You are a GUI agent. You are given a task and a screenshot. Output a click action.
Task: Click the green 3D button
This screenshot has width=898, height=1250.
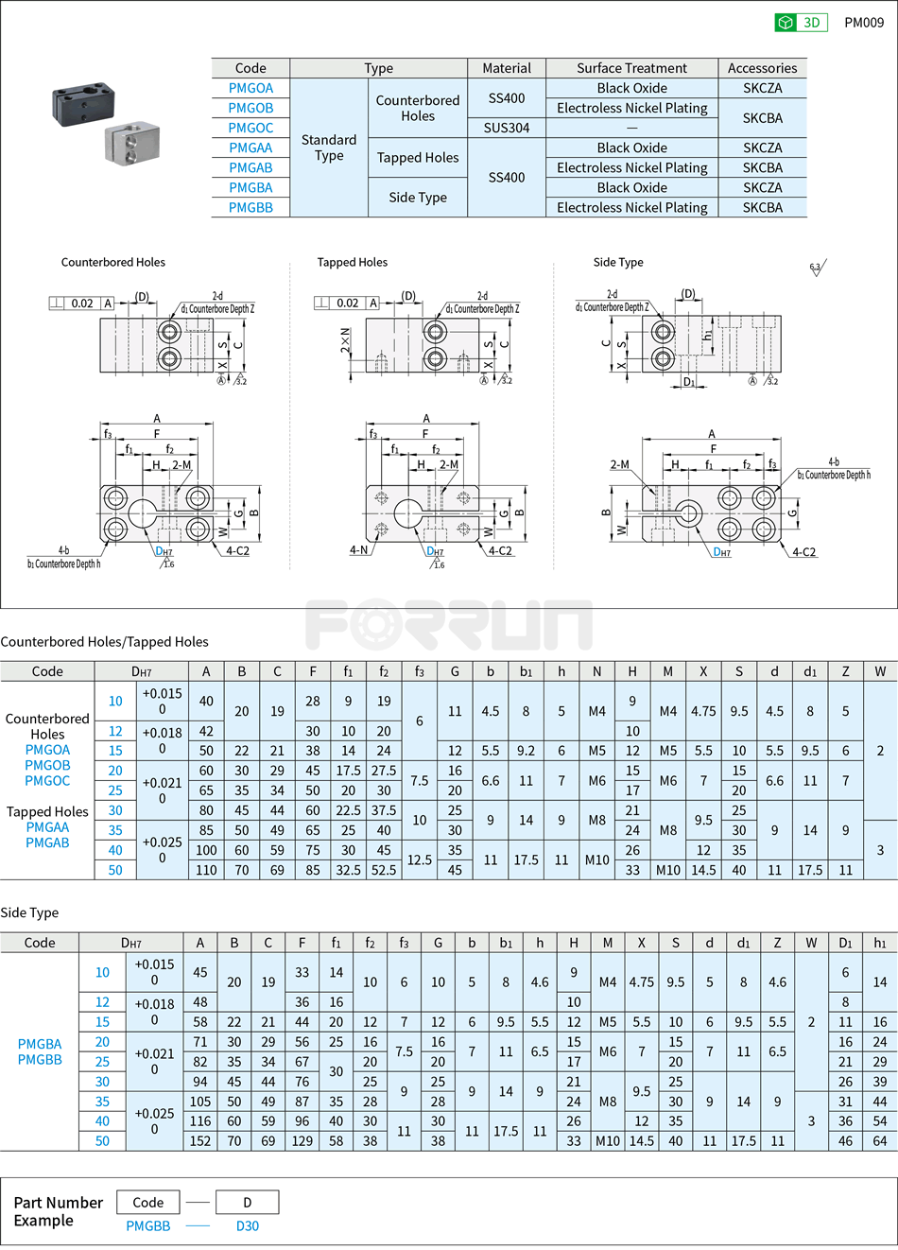pos(801,23)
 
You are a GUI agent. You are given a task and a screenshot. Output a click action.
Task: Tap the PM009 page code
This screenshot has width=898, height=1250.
pos(864,23)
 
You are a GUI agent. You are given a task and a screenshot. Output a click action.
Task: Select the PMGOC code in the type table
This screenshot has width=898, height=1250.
pos(250,128)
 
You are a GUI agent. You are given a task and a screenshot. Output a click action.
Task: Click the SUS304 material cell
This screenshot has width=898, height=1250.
pos(507,128)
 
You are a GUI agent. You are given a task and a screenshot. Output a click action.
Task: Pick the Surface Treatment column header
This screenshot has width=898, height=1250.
pos(631,68)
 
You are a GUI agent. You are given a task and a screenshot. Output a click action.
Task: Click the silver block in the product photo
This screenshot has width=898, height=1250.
pos(131,141)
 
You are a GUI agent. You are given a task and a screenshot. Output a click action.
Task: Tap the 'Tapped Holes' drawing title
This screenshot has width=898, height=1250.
pos(352,262)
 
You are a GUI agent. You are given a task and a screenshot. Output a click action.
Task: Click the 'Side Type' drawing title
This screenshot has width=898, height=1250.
pos(617,262)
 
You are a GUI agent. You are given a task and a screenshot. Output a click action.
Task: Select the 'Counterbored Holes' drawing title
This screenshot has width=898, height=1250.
pos(112,262)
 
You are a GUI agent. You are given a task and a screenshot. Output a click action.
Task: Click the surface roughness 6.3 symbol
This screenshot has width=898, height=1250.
pos(817,269)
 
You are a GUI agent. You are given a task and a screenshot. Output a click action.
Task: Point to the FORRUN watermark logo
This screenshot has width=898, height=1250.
pos(448,624)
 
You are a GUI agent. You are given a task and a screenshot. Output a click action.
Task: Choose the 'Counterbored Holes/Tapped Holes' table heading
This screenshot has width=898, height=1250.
pos(105,641)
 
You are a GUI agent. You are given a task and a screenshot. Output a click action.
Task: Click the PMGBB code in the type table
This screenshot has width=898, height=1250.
pos(250,207)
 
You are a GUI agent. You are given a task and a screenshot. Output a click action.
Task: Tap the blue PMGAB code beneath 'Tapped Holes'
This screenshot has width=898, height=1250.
pos(47,842)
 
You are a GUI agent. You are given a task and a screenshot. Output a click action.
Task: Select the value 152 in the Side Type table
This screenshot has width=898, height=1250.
pos(199,1141)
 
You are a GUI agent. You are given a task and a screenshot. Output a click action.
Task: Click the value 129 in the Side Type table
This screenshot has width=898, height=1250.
pos(302,1141)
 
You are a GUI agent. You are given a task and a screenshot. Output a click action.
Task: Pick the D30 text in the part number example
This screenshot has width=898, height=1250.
pos(247,1225)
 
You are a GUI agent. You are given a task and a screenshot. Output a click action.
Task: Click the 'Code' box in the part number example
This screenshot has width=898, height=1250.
pos(148,1203)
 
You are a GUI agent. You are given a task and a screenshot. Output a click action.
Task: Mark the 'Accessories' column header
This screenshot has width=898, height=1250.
pos(762,68)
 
